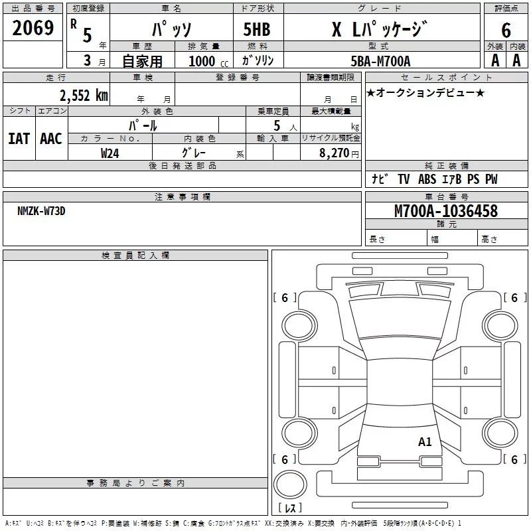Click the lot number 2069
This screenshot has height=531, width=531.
point(33,28)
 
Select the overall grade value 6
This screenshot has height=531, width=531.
point(506,30)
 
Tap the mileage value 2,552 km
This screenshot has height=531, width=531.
point(82,95)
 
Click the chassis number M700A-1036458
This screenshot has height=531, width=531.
point(445,211)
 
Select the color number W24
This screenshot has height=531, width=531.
point(110,153)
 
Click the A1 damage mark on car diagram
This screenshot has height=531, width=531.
point(425,441)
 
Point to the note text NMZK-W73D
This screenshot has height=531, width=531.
point(41,211)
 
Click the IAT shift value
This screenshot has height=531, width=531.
point(19,138)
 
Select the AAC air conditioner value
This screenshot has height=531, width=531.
point(51,138)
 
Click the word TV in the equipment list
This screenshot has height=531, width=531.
point(404,179)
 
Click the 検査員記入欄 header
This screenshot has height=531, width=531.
point(135,256)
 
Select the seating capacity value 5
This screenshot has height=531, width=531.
point(277,125)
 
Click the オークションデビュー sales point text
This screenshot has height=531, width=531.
point(425,92)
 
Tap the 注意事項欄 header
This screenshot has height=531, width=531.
point(182,196)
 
